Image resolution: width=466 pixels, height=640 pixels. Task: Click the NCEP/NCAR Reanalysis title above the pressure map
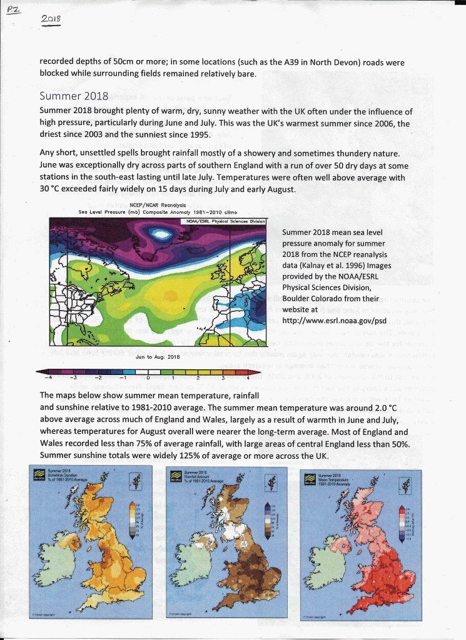coord(157,204)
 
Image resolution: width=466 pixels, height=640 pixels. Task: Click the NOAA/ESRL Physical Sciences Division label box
coord(222,221)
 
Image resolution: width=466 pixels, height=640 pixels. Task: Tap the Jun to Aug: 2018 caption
coord(157,356)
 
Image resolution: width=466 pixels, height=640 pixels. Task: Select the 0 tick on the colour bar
coord(148,377)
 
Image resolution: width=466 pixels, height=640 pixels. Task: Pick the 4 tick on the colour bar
coord(248,377)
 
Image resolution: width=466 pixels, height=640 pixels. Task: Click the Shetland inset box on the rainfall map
coord(270,481)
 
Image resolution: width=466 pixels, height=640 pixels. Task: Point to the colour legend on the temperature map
coord(402,519)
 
